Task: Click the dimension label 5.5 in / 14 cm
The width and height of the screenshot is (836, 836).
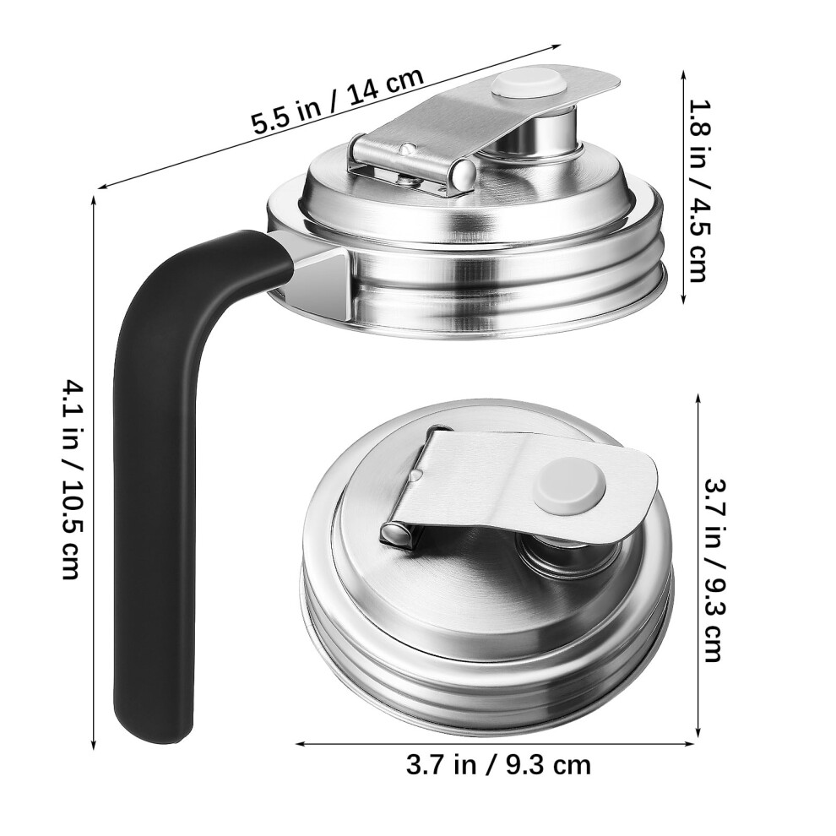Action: (338, 100)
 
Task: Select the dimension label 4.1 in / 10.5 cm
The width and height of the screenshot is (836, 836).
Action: (71, 480)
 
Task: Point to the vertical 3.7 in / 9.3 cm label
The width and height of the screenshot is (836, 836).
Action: (713, 570)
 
